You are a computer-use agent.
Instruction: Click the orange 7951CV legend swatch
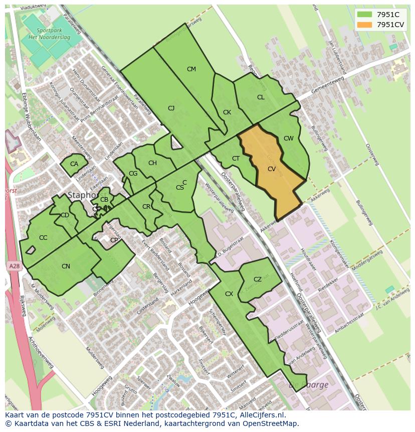tap(365, 25)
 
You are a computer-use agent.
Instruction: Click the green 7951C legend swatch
tap(365, 15)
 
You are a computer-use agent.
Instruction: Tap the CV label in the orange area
tap(272, 169)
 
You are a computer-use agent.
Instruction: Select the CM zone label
tap(191, 69)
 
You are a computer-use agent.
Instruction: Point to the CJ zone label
tap(171, 108)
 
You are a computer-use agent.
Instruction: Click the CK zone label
tap(227, 112)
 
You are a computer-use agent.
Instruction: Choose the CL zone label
tap(261, 97)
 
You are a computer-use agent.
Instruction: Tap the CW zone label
tap(288, 138)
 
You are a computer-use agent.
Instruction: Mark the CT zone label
tap(236, 159)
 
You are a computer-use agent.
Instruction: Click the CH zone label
tap(152, 163)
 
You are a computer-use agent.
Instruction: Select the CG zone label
tap(133, 174)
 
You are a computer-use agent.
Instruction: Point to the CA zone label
tap(74, 164)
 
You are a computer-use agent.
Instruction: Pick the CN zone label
tap(66, 266)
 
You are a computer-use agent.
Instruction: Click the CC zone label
tap(43, 238)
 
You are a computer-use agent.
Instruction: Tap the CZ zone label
tap(258, 279)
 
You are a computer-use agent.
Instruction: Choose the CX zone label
tap(229, 294)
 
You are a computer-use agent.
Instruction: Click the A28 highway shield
tap(14, 267)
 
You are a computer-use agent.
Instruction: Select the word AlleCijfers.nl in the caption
tap(262, 415)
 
